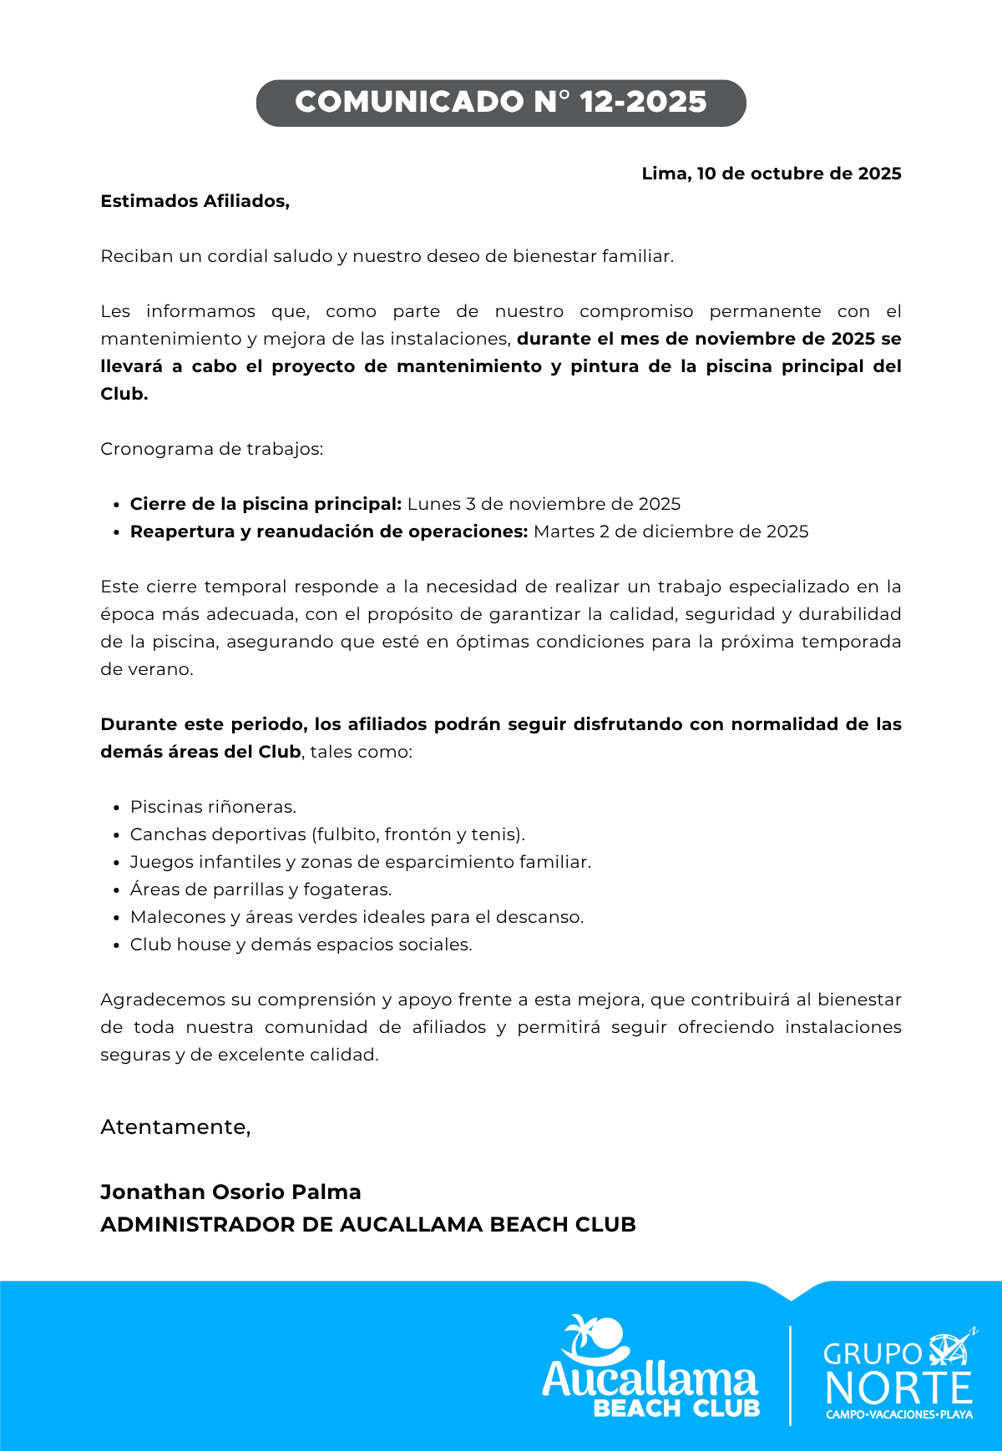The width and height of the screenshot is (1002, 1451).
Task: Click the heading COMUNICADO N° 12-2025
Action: pos(501,103)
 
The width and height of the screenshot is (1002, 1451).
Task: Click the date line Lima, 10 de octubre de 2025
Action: pos(771,174)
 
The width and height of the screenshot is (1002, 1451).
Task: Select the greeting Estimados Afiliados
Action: pos(195,201)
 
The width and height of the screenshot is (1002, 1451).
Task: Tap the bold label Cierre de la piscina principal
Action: pos(266,504)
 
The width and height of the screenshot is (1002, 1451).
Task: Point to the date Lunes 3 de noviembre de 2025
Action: pos(544,504)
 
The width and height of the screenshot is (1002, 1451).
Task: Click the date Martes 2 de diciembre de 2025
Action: pos(671,532)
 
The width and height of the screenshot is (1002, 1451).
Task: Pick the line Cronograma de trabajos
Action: pos(211,449)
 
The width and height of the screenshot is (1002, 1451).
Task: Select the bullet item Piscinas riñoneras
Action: pos(213,807)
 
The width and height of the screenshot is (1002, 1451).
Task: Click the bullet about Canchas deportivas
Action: pos(327,834)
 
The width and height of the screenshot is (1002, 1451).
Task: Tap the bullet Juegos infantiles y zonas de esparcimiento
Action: pos(360,862)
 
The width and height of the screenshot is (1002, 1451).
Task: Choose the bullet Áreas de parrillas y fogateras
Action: pos(261,889)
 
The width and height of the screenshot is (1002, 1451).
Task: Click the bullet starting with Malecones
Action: pos(357,917)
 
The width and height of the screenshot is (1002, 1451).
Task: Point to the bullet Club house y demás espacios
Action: pos(301,945)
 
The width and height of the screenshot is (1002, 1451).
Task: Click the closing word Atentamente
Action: pos(175,1127)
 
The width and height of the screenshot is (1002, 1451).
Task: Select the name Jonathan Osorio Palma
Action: pos(230,1192)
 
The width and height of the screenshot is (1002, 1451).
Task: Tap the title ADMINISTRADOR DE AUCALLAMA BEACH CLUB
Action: pos(367,1224)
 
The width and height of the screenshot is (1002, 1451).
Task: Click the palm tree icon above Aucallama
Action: pos(595,1337)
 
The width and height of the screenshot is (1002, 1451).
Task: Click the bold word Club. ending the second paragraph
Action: pos(124,394)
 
